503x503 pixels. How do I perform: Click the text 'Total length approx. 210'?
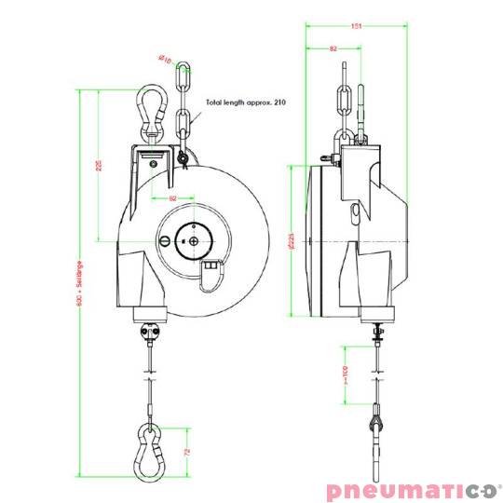pyautogui.click(x=246, y=102)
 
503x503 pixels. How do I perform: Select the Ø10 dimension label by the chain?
pyautogui.click(x=165, y=61)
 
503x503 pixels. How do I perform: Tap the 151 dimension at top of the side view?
pyautogui.click(x=356, y=26)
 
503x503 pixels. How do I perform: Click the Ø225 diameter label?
pyautogui.click(x=292, y=241)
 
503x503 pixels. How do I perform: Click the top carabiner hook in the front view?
pyautogui.click(x=150, y=108)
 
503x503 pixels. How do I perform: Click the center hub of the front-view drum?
pyautogui.click(x=194, y=240)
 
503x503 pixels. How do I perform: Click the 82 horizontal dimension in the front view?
pyautogui.click(x=172, y=198)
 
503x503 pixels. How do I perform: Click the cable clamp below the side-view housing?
pyautogui.click(x=376, y=329)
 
